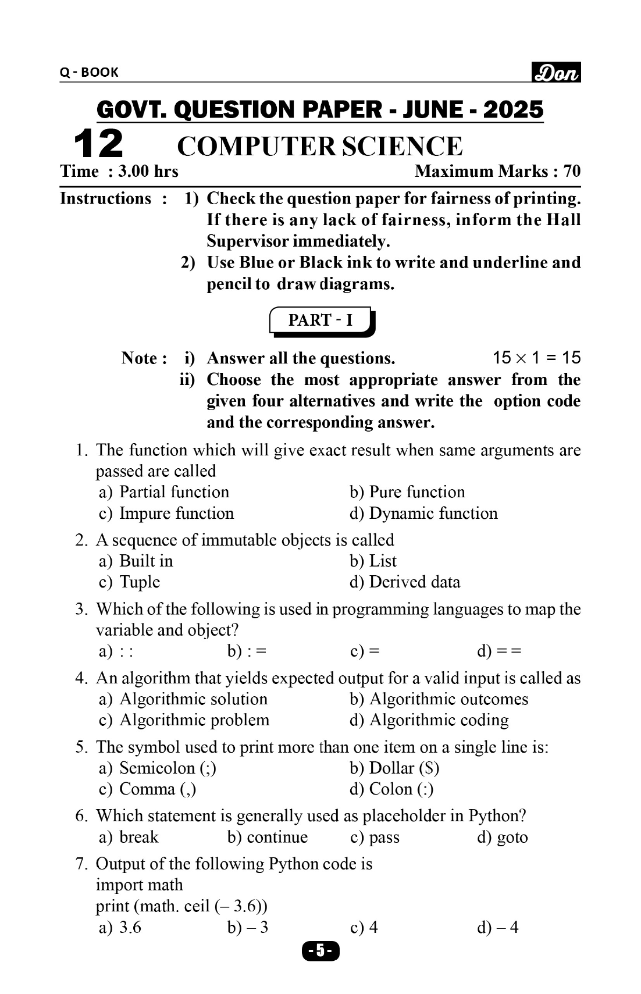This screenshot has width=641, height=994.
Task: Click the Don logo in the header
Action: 556,72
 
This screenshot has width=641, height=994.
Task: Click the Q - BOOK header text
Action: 89,72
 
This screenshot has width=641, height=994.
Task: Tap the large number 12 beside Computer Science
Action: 98,144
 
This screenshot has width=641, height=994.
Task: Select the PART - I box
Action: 321,320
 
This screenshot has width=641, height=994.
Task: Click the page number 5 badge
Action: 320,951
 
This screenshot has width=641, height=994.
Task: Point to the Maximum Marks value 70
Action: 572,171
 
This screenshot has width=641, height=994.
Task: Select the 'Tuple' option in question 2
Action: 140,582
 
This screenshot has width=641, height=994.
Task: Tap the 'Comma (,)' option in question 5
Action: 157,789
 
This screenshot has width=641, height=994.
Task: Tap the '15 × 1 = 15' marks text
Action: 536,358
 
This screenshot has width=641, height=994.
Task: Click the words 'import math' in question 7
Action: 139,885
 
